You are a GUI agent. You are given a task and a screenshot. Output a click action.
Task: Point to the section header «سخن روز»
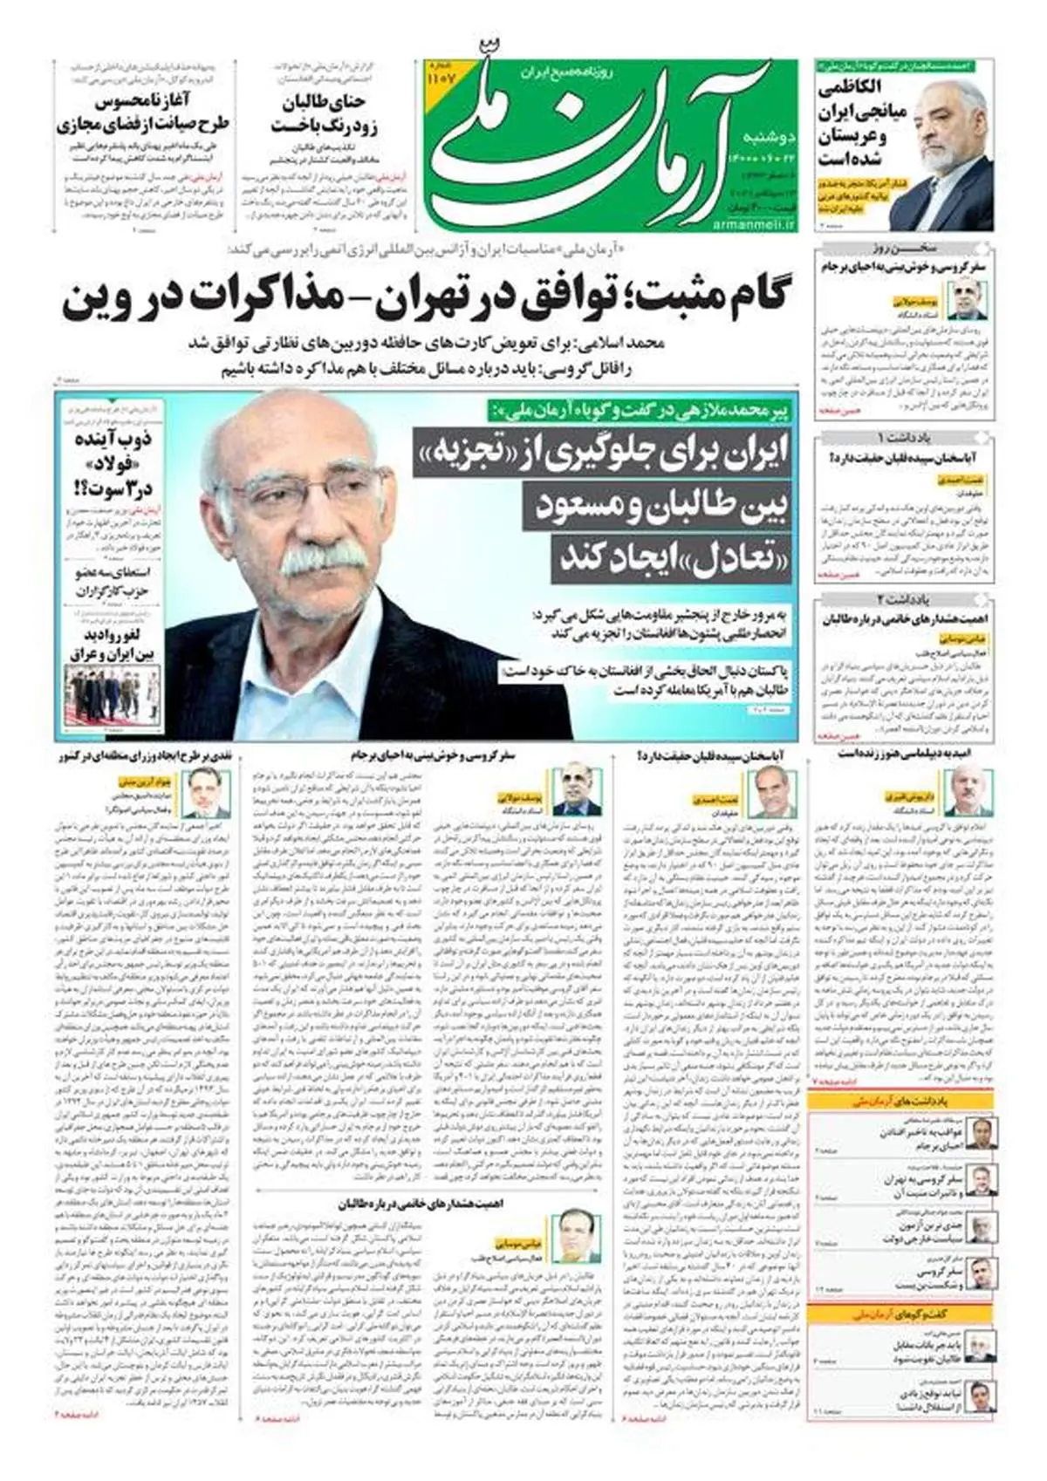pos(904,247)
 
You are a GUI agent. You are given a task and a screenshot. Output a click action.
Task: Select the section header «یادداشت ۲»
pos(904,599)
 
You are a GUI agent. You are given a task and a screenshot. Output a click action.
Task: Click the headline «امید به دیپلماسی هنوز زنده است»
pos(903,753)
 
